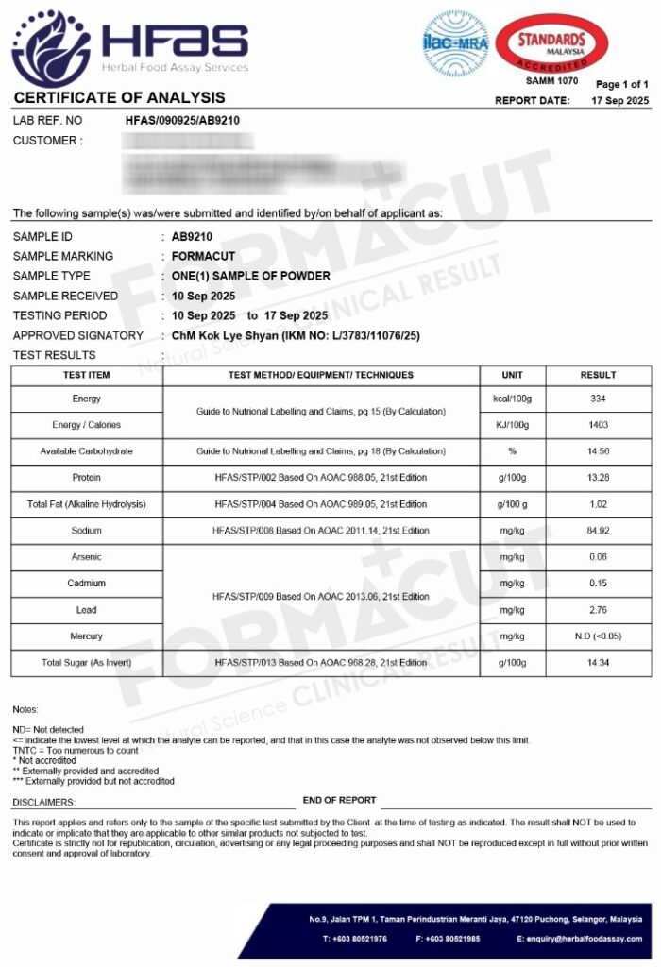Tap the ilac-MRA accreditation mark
[x=453, y=43]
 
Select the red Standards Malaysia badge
[x=551, y=42]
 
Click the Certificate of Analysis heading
[x=119, y=97]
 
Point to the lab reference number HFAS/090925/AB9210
[x=182, y=121]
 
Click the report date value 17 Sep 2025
[x=620, y=100]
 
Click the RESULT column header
[x=599, y=375]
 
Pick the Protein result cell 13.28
[x=598, y=478]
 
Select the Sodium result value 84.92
[x=598, y=531]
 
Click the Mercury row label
[x=87, y=636]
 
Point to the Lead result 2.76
[x=598, y=610]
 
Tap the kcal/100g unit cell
[x=513, y=399]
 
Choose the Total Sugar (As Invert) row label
[x=87, y=663]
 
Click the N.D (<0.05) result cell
[x=598, y=636]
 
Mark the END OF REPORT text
[x=339, y=800]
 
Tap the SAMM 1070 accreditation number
[x=551, y=81]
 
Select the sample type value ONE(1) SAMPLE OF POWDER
[x=251, y=276]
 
